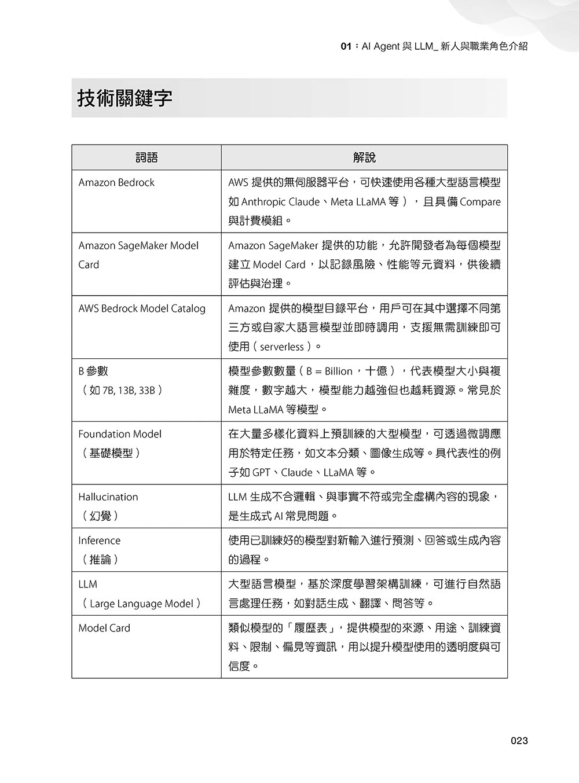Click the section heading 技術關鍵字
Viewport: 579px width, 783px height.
click(x=125, y=98)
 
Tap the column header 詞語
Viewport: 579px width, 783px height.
click(x=146, y=157)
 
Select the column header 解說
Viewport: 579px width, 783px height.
click(x=364, y=157)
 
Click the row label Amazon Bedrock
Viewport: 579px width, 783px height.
click(x=116, y=183)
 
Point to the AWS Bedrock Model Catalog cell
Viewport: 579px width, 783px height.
click(x=142, y=308)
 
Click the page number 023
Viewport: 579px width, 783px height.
click(x=519, y=741)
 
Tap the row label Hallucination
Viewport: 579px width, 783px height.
click(x=108, y=497)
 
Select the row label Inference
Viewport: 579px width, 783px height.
click(x=100, y=541)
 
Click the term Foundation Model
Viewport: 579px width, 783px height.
click(x=120, y=434)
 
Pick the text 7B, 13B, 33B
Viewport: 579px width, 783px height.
click(x=128, y=390)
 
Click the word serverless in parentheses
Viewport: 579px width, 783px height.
click(x=282, y=347)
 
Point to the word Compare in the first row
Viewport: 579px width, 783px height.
click(x=480, y=202)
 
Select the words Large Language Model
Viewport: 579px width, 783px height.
click(x=141, y=604)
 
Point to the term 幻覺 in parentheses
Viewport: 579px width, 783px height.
click(x=101, y=516)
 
